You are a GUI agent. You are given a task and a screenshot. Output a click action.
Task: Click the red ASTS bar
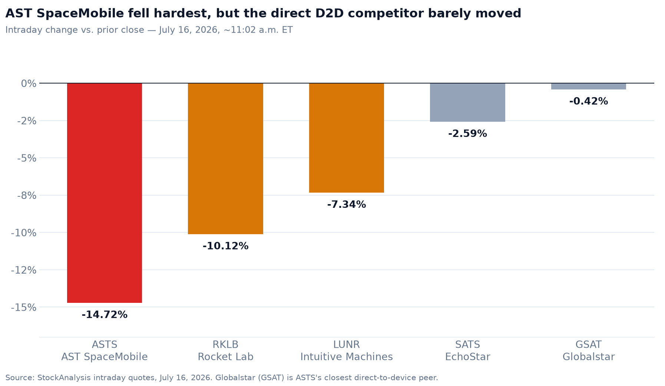(105, 193)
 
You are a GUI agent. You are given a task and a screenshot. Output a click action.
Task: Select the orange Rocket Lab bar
(225, 158)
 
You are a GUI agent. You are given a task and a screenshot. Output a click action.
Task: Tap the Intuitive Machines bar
(347, 138)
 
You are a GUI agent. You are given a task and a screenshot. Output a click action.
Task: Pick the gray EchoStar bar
(467, 102)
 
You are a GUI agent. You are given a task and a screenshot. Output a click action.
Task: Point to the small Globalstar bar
(589, 86)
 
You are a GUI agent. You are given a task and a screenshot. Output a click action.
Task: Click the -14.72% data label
(105, 315)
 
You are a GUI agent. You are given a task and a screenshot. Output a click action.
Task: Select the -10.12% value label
(225, 246)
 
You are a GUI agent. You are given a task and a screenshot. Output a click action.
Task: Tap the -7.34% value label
(347, 205)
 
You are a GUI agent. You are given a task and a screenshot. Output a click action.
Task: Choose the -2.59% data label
(467, 134)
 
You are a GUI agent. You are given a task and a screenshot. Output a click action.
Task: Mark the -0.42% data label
(589, 101)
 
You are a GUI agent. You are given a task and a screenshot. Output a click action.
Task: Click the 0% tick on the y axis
(29, 84)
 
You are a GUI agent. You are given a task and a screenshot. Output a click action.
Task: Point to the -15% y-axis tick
(24, 307)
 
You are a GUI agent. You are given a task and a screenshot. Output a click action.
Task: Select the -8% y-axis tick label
(27, 195)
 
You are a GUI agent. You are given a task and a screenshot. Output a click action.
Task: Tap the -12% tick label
(24, 270)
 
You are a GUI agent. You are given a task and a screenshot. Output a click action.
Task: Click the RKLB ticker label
(225, 345)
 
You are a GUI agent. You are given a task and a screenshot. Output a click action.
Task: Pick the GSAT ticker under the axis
(589, 345)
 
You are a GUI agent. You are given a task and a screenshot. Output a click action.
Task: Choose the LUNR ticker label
(347, 345)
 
